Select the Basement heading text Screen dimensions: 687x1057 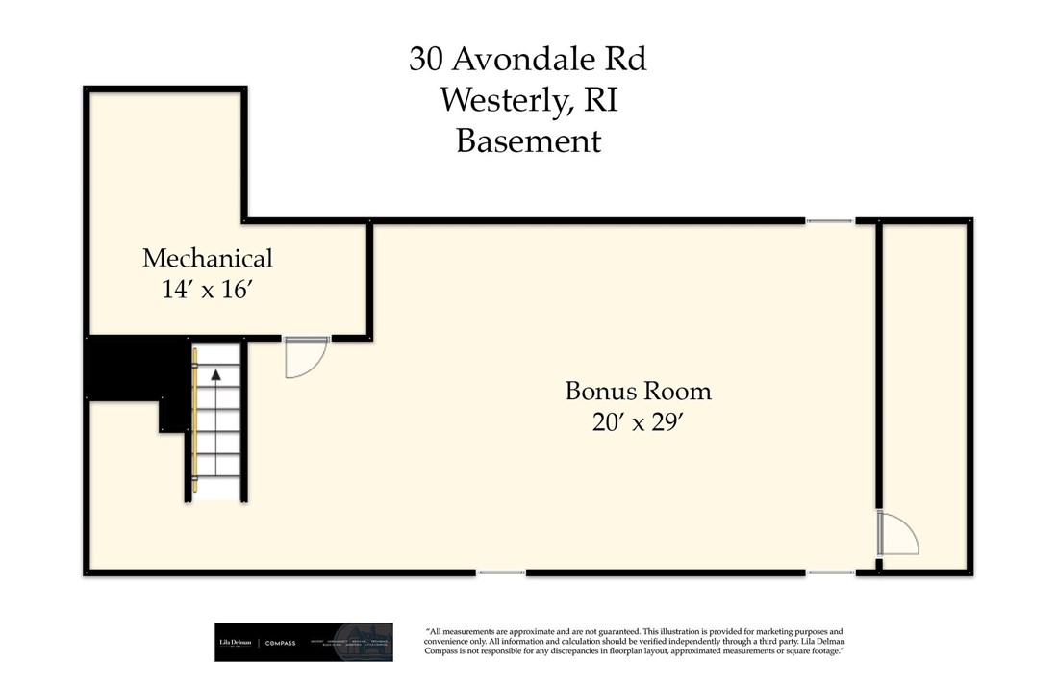tap(528, 140)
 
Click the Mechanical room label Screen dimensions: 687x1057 tap(208, 258)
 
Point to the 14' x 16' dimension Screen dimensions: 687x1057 tap(208, 288)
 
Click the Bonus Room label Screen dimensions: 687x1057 tap(638, 391)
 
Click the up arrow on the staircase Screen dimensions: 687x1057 tap(216, 375)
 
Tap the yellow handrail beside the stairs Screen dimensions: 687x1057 tap(195, 423)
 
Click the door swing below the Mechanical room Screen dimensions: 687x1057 tap(306, 357)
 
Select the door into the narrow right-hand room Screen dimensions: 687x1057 tap(899, 533)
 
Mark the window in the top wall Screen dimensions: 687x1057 tap(829, 221)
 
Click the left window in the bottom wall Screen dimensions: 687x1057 tap(501, 573)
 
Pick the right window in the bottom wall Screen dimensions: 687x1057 tap(829, 573)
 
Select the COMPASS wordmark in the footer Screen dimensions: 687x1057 tap(282, 643)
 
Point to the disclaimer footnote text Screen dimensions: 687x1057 tap(635, 642)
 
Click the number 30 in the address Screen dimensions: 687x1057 tap(426, 60)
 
